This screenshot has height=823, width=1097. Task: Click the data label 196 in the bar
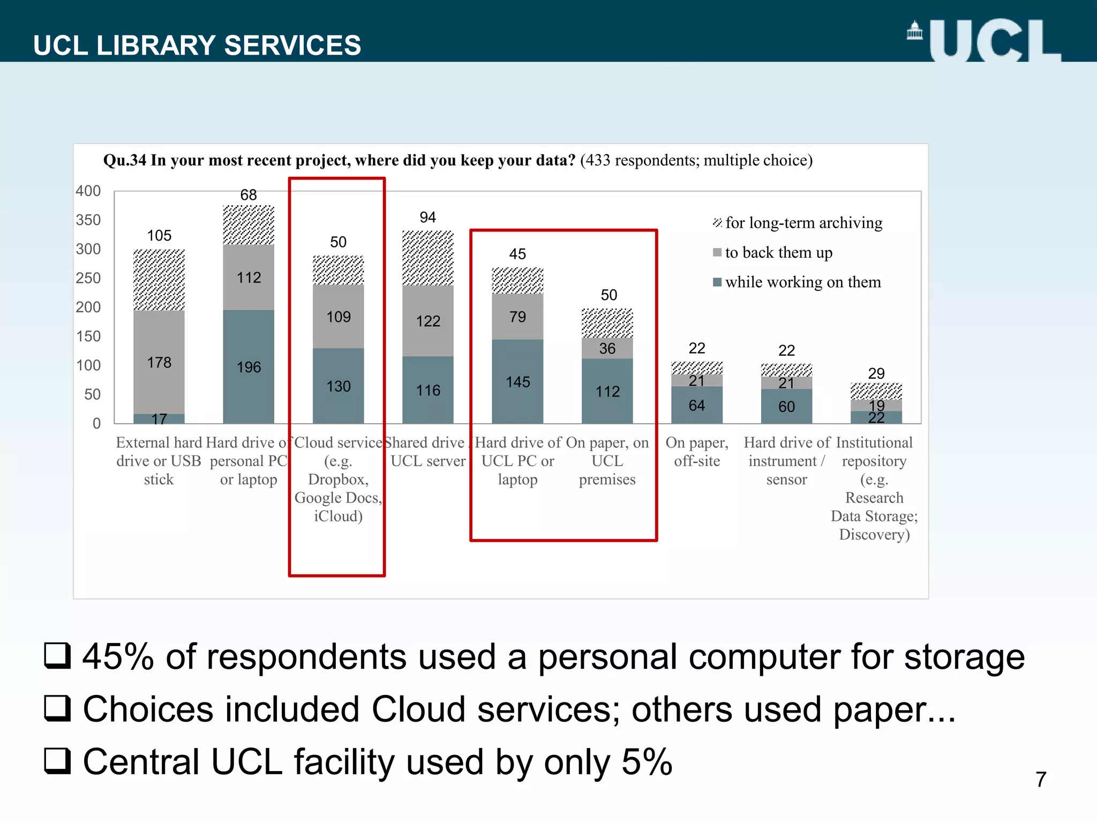(249, 367)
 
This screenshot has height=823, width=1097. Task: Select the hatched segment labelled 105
(159, 280)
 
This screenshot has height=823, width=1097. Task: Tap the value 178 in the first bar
(159, 363)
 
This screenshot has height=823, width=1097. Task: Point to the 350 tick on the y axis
(88, 220)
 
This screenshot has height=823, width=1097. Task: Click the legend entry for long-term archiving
(798, 223)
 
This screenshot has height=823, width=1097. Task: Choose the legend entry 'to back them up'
(773, 252)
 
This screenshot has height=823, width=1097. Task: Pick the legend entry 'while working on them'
(798, 282)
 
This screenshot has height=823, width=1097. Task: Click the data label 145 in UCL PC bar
(517, 382)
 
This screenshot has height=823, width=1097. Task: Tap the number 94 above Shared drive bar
(427, 217)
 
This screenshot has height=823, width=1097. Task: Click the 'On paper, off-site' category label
(697, 452)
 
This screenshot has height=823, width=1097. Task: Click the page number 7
(1041, 780)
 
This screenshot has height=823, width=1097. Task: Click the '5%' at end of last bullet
(647, 762)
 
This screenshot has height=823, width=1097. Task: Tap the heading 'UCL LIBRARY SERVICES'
(197, 45)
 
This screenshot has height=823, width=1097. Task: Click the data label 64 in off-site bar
(696, 406)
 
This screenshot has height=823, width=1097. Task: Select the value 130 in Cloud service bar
(338, 386)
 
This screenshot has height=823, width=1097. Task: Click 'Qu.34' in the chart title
(124, 160)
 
